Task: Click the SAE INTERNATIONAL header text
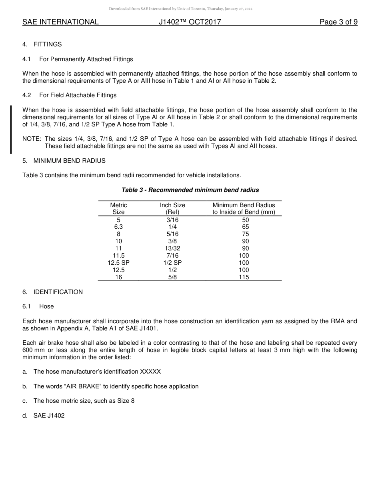60,22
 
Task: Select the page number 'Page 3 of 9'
338,22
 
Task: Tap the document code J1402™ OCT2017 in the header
190,22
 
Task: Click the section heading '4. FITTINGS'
42,44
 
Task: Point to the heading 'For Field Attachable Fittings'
78,95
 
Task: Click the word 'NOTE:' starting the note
32,139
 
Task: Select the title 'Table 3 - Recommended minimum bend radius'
190,190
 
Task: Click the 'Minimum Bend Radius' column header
244,205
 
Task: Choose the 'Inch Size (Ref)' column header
172,208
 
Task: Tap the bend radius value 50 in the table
245,220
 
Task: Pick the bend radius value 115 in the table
244,277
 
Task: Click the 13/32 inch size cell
172,248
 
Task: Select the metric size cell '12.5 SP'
118,263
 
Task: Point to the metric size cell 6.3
118,227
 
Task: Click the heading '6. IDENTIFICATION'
52,292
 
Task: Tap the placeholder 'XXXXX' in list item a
150,372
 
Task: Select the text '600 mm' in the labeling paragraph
32,350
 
